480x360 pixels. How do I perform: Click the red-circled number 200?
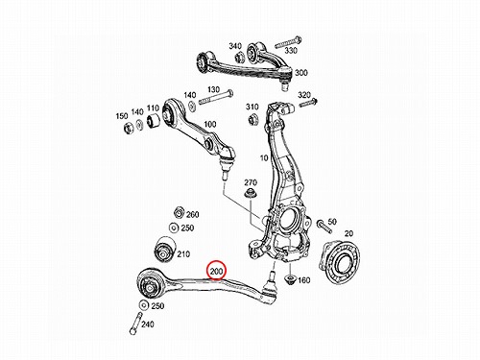[216, 272]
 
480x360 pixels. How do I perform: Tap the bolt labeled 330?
[288, 43]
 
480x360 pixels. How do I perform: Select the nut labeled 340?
[240, 57]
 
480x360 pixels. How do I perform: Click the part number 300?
[301, 73]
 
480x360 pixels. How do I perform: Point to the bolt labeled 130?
[216, 98]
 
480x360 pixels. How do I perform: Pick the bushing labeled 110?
[154, 121]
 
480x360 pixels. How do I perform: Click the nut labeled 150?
[129, 127]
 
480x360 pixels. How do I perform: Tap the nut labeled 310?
[252, 118]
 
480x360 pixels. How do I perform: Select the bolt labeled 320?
[308, 104]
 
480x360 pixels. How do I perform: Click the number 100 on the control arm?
[210, 124]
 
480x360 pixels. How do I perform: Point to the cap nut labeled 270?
[250, 194]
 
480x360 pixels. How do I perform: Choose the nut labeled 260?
[180, 212]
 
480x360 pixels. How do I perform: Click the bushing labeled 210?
[164, 250]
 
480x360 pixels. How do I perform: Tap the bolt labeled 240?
[135, 324]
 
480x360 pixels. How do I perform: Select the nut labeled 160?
[291, 279]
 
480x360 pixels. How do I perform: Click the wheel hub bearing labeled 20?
[339, 259]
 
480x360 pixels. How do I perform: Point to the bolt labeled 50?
[324, 226]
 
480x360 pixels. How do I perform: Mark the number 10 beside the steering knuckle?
[264, 158]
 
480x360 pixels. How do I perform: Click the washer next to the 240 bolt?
[144, 305]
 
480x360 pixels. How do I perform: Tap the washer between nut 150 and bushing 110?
[139, 125]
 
